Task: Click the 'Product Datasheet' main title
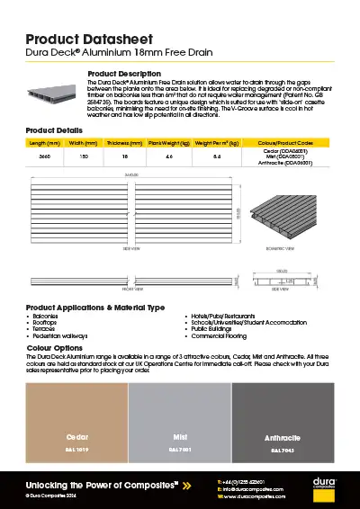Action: tap(86, 40)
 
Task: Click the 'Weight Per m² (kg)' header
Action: tap(217, 144)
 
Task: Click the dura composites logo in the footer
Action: tap(324, 487)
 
